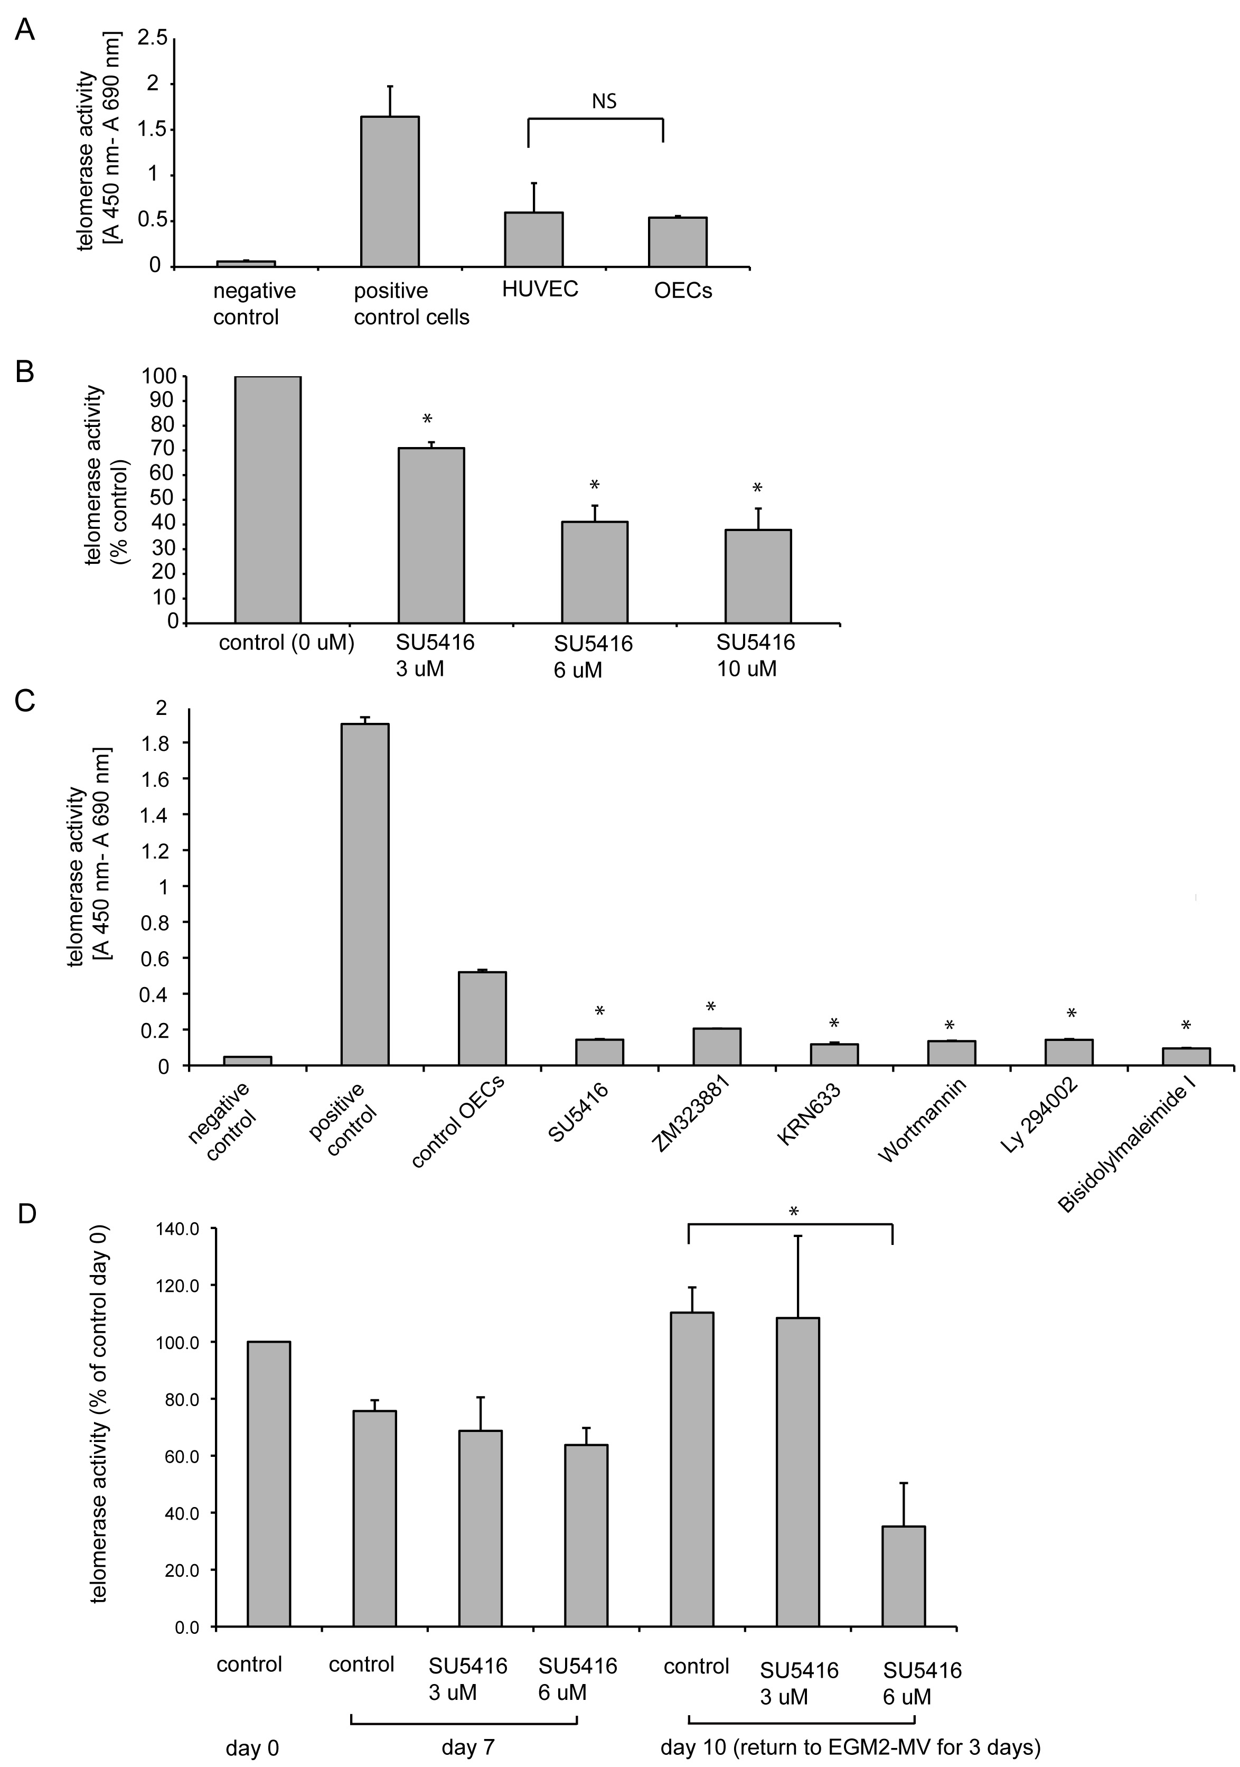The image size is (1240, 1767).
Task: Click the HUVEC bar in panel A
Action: coord(533,239)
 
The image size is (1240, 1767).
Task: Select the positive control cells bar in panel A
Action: coord(390,192)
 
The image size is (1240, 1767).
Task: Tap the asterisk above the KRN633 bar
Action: coord(834,1023)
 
